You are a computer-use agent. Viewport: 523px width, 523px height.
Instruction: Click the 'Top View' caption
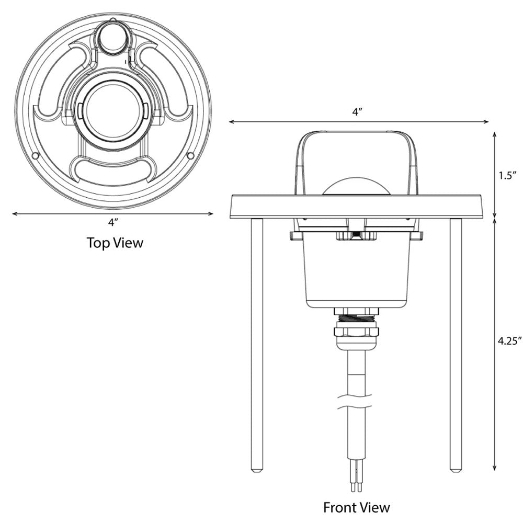click(x=115, y=243)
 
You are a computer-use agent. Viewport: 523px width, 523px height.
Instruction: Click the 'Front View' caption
click(x=356, y=507)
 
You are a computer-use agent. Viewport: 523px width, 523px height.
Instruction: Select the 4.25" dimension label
click(x=509, y=341)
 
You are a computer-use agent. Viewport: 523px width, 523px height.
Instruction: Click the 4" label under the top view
click(x=113, y=222)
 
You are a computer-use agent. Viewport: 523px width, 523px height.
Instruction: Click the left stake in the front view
click(x=257, y=345)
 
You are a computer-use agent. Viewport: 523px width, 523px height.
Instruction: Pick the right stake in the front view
click(x=456, y=345)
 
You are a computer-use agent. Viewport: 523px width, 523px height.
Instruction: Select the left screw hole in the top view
click(x=35, y=156)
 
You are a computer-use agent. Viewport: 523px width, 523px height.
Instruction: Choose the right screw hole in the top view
click(x=190, y=155)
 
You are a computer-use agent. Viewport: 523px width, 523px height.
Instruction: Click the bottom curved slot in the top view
click(x=112, y=170)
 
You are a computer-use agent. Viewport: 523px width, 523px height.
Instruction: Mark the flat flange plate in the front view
click(x=357, y=206)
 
